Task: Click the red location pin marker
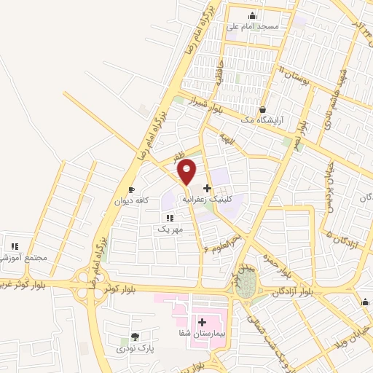pyautogui.click(x=187, y=171)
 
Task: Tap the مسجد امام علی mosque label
pyautogui.click(x=253, y=26)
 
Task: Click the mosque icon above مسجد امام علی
pyautogui.click(x=253, y=16)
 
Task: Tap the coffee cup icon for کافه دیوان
pyautogui.click(x=131, y=190)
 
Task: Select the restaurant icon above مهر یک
pyautogui.click(x=169, y=218)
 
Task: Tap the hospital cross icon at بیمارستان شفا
pyautogui.click(x=203, y=321)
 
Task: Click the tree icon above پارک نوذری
pyautogui.click(x=134, y=337)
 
